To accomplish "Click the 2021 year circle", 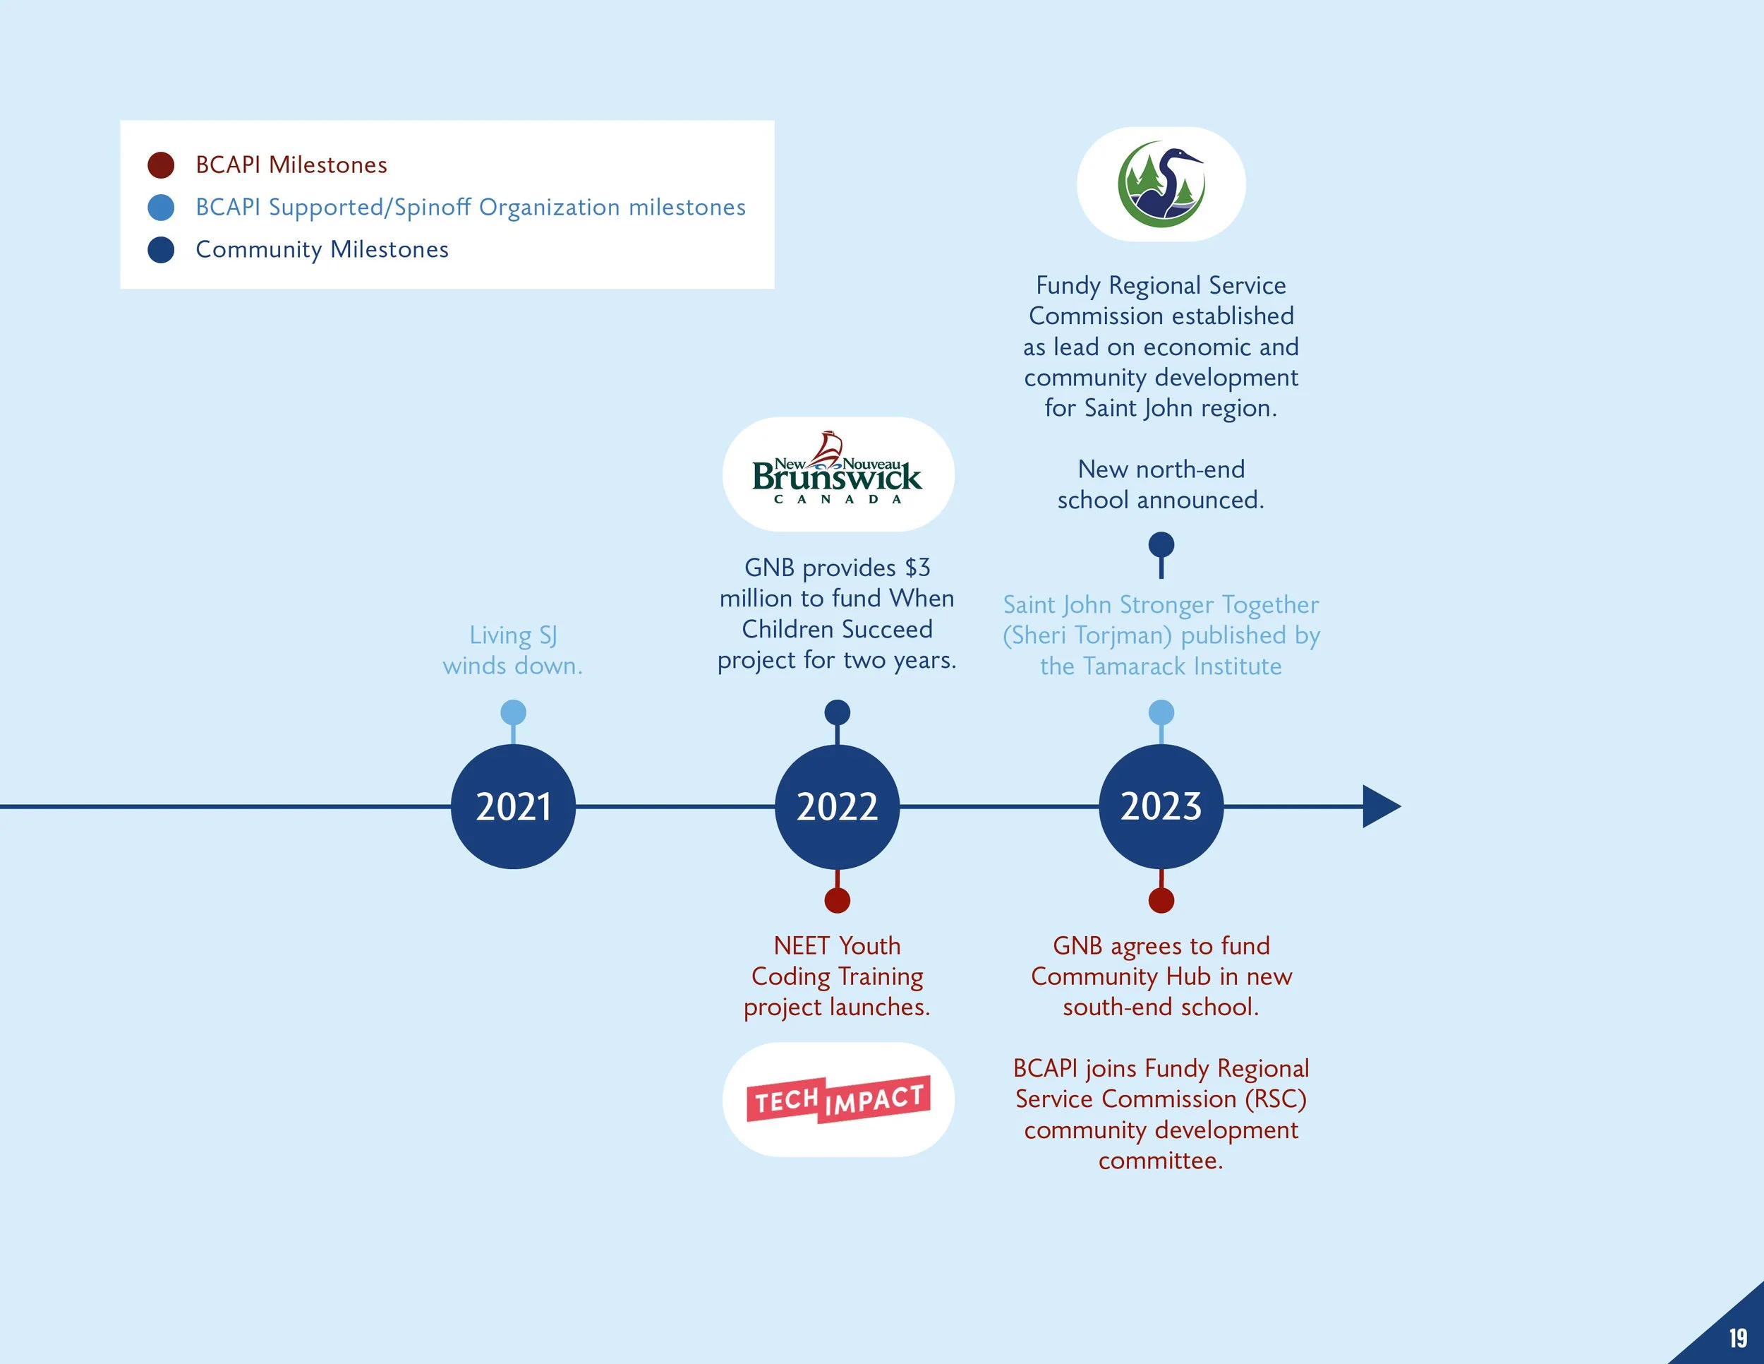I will pos(513,806).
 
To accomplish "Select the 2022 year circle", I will pos(837,806).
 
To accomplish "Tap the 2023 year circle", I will pos(1161,806).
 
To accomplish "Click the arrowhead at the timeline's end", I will pos(1379,806).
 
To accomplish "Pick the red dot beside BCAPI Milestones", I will pos(161,164).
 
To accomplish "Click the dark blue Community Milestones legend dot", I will pos(161,250).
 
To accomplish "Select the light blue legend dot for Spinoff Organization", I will pos(161,208).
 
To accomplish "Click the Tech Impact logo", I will pos(838,1099).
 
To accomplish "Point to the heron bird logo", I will pos(1161,184).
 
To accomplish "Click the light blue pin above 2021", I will pos(513,712).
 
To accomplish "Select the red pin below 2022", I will pos(837,900).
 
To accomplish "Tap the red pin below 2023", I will pos(1161,900).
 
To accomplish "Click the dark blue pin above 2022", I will pos(837,712).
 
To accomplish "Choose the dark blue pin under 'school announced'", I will pos(1161,544).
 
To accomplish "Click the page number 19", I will pos(1737,1338).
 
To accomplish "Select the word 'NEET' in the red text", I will pos(800,945).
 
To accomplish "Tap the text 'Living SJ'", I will pos(513,635).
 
